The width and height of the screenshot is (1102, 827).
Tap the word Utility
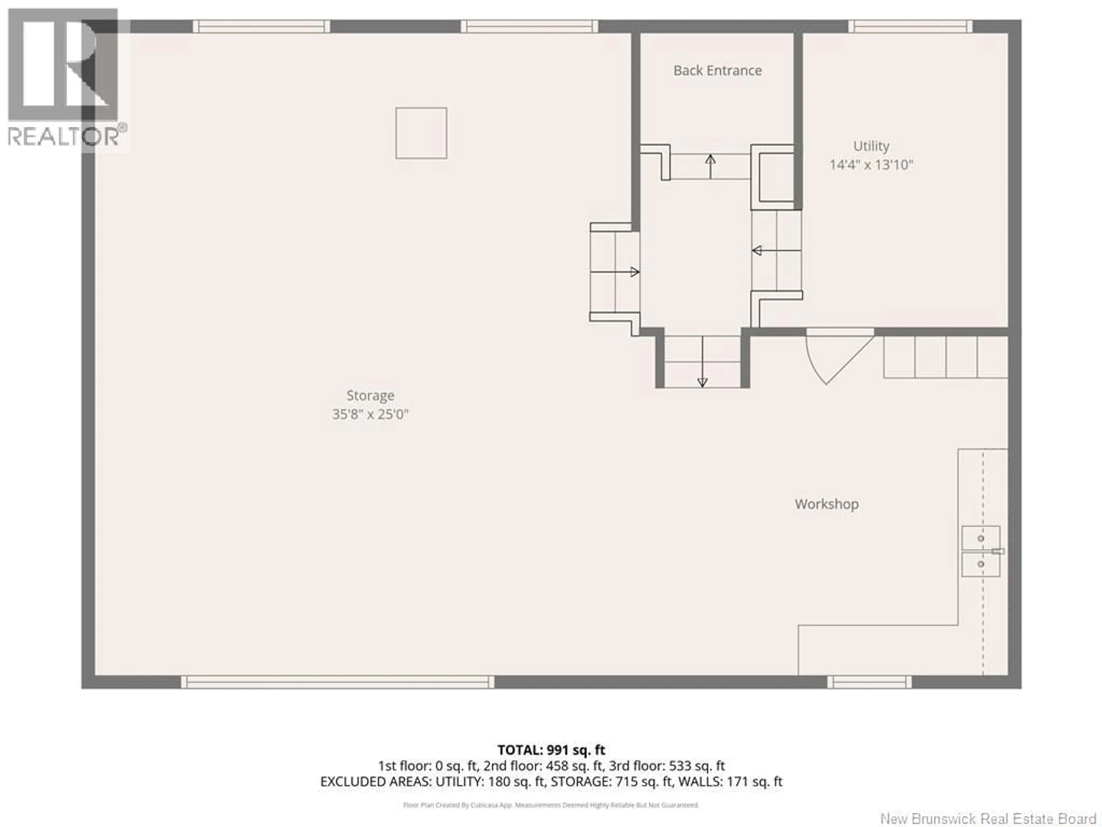(x=871, y=146)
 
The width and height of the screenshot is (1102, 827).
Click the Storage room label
(x=370, y=395)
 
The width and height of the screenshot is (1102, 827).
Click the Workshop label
(x=826, y=504)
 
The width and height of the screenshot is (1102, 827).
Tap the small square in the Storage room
(x=421, y=133)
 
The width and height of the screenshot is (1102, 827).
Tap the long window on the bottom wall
(x=337, y=682)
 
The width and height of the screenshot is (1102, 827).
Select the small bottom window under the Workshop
(x=869, y=682)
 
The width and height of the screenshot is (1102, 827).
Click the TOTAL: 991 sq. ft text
(x=551, y=750)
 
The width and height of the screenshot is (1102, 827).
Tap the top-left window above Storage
(x=261, y=26)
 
